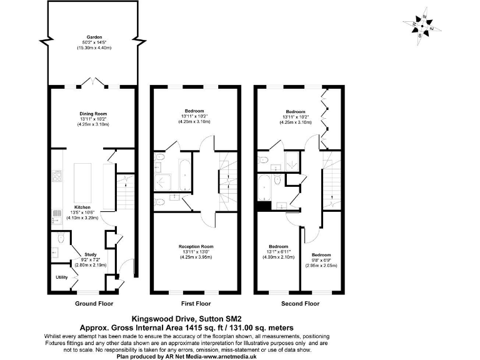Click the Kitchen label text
click(x=82, y=207)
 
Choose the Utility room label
click(x=62, y=276)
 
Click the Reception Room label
click(x=196, y=246)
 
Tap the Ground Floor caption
click(x=93, y=304)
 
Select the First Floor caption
click(x=196, y=304)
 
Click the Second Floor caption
click(x=299, y=304)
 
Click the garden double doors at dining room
click(x=93, y=82)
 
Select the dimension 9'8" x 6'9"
click(x=321, y=261)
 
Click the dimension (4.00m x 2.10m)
click(x=277, y=257)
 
